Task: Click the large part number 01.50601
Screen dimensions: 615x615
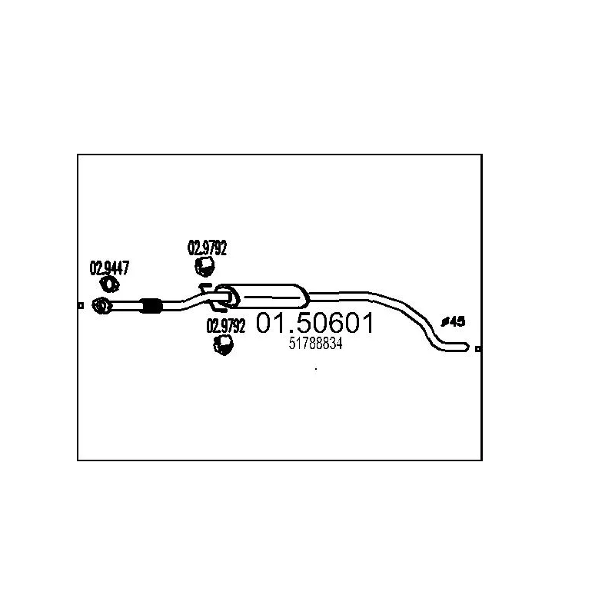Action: tap(315, 324)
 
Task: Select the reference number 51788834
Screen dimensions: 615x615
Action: tap(315, 345)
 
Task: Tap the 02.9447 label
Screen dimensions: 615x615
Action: tap(109, 269)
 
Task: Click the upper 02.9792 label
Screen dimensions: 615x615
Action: tap(208, 248)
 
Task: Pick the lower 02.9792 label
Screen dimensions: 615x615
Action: tap(226, 326)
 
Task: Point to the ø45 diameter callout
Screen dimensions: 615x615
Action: tap(453, 322)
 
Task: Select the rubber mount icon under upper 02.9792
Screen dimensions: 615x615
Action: tap(204, 267)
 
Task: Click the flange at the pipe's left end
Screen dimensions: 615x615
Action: tap(101, 306)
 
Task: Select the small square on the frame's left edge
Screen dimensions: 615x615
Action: tap(80, 306)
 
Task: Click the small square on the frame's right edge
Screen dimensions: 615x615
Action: tap(479, 349)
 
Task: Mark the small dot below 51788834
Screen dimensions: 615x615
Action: tap(316, 370)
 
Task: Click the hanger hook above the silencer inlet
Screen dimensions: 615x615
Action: tap(204, 286)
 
